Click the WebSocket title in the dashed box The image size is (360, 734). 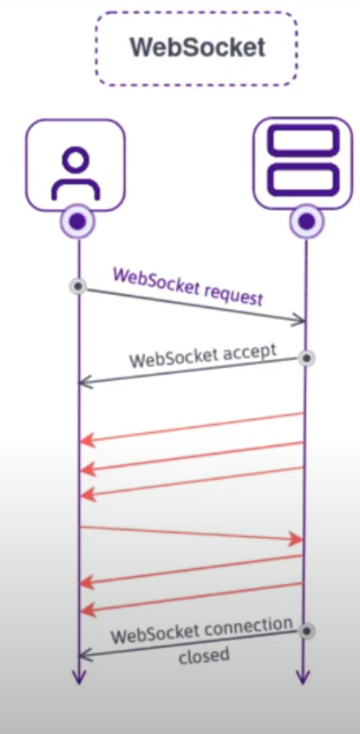coord(197,47)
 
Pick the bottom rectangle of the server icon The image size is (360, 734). coord(304,180)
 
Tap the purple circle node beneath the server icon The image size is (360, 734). coord(305,221)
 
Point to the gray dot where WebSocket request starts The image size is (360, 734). coord(78,285)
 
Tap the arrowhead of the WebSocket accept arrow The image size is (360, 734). coord(84,382)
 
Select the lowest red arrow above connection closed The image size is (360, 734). coord(191,597)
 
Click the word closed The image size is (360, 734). coord(204,655)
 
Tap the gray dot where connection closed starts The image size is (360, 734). coord(305,631)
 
